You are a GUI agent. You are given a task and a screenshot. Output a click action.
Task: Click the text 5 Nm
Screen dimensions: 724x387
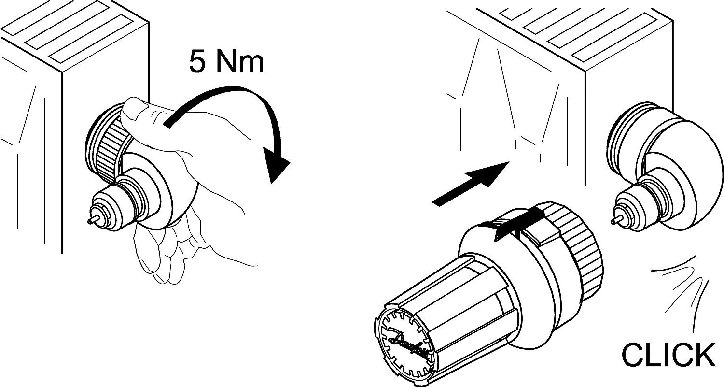pos(226,61)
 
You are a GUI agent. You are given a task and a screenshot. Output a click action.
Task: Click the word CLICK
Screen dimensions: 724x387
pos(668,355)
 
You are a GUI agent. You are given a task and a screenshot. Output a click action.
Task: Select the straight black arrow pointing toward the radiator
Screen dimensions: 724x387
pos(471,184)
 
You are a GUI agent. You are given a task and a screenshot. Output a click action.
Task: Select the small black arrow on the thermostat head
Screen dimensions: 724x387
pos(517,223)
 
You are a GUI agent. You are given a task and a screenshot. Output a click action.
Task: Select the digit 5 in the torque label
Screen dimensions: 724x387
pos(197,61)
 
